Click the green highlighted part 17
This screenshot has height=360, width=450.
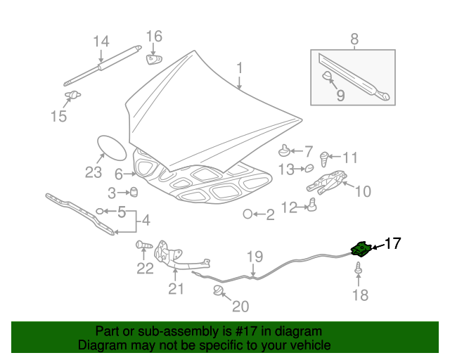click(361, 248)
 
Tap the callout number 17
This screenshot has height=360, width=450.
click(392, 244)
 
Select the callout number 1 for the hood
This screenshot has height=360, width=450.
click(239, 68)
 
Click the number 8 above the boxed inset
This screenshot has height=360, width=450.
click(354, 39)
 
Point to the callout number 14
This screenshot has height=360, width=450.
click(101, 41)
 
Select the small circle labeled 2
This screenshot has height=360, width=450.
click(248, 214)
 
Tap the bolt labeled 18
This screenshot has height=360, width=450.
click(359, 269)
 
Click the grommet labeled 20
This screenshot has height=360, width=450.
click(219, 290)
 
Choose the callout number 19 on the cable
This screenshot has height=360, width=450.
click(254, 257)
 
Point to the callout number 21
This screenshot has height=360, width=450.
click(175, 288)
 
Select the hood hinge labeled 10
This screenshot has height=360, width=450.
click(326, 183)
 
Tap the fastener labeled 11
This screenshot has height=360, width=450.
click(325, 157)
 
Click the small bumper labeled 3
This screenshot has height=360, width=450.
click(134, 193)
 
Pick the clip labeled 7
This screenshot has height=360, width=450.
click(284, 150)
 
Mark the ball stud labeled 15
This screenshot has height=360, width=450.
click(72, 94)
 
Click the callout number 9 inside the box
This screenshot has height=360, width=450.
click(340, 95)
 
